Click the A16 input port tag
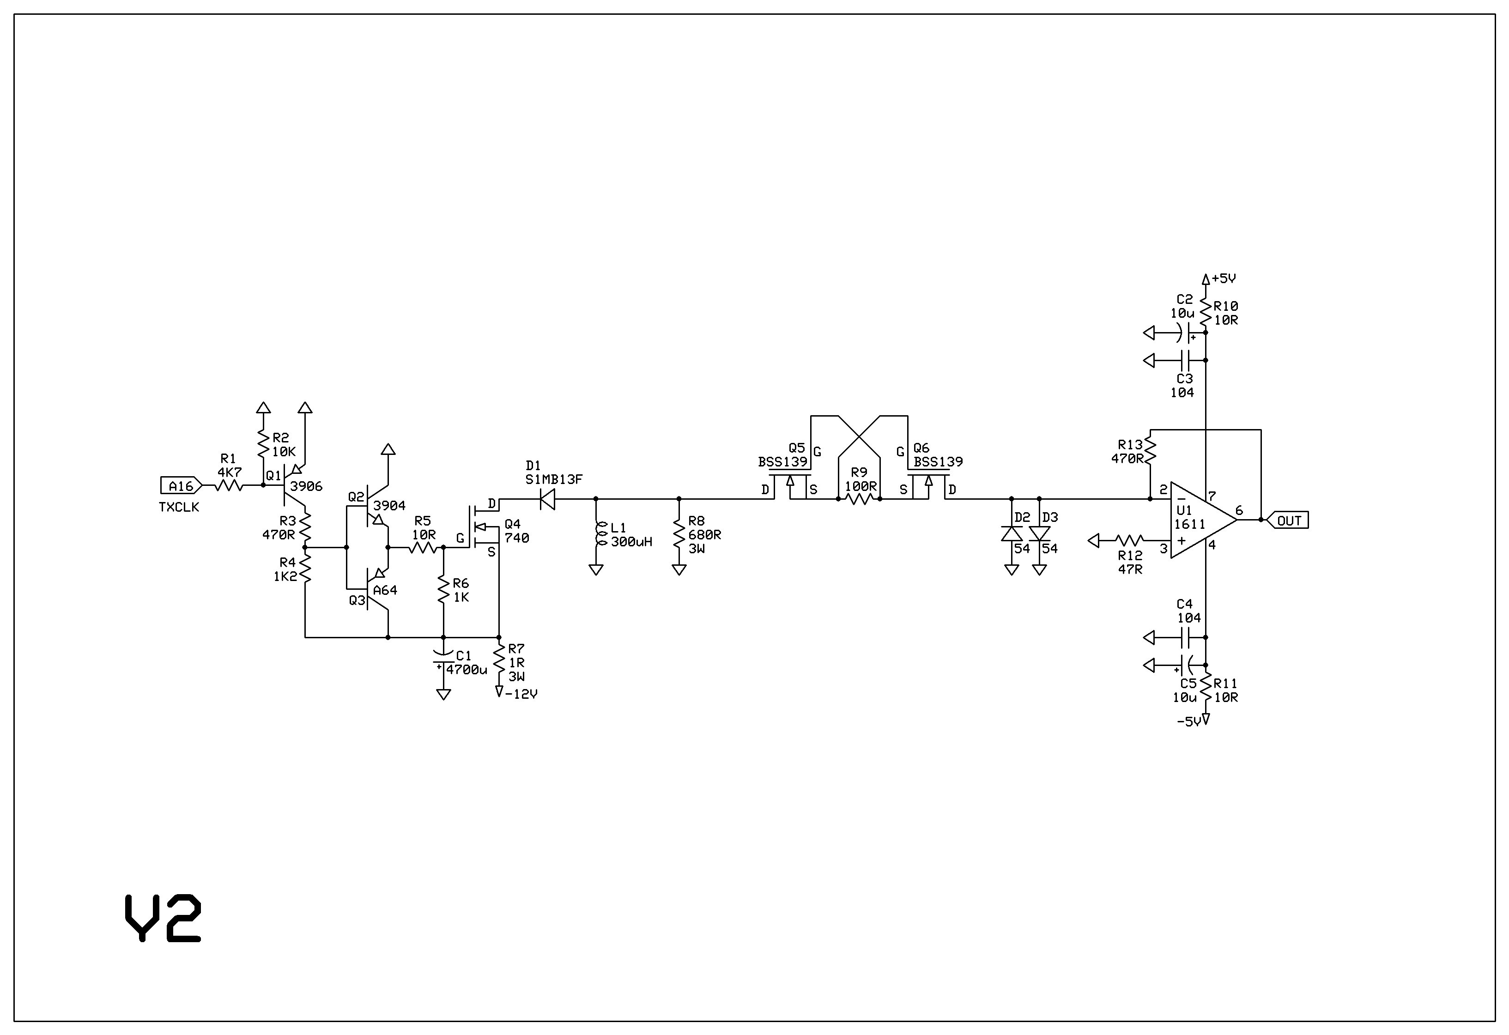tap(181, 486)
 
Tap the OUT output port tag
tap(1288, 520)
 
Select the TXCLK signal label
tap(179, 507)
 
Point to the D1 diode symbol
tap(547, 499)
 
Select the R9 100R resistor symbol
tap(859, 499)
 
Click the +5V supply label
tap(1223, 278)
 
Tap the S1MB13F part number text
tap(554, 479)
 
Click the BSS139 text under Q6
tap(938, 462)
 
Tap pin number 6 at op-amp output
tap(1239, 510)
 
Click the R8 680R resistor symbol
tap(679, 534)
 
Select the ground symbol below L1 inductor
tap(595, 570)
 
